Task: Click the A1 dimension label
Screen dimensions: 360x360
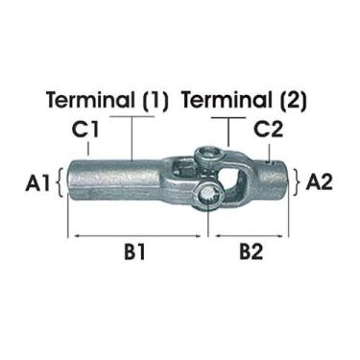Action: click(x=38, y=180)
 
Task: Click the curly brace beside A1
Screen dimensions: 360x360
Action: click(x=61, y=180)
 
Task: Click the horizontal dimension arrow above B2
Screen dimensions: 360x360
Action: click(x=251, y=233)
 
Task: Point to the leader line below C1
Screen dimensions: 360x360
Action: click(x=87, y=147)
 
